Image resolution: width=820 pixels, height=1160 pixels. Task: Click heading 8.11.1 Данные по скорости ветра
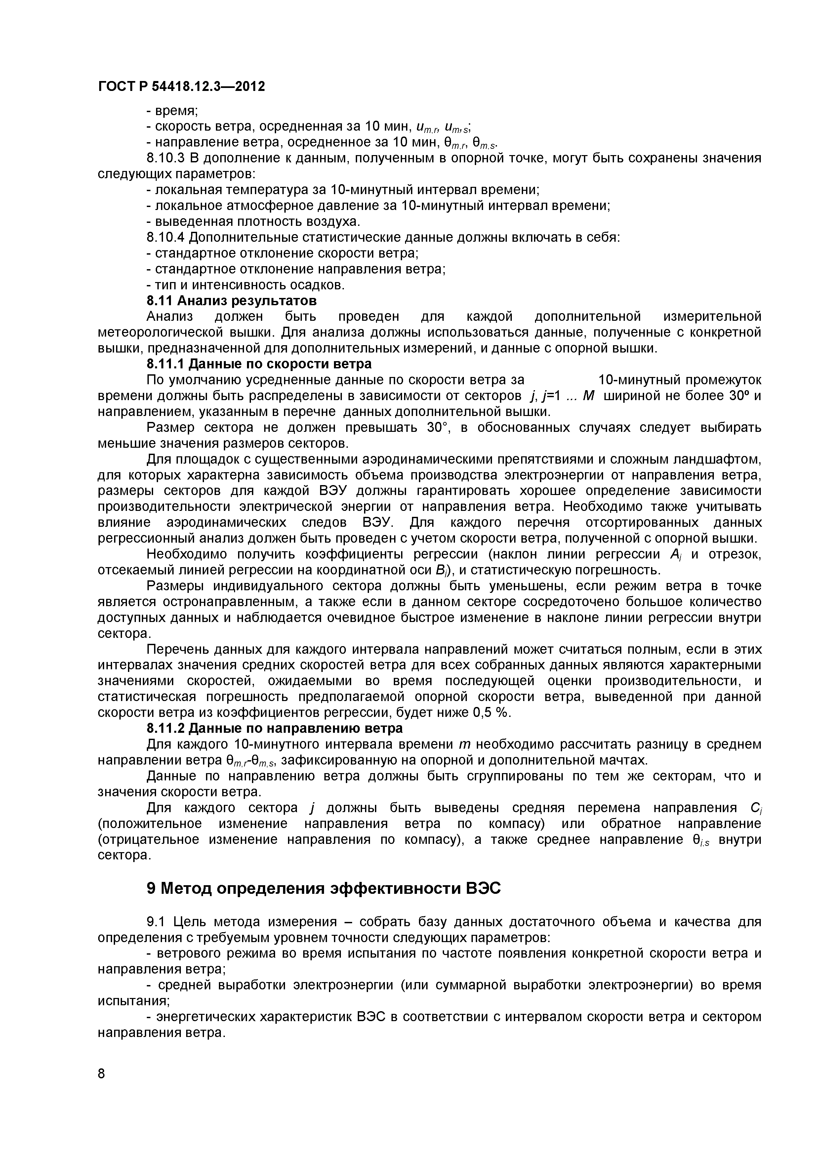(x=259, y=364)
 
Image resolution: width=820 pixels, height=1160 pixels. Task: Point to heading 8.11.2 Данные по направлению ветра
(x=274, y=728)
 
